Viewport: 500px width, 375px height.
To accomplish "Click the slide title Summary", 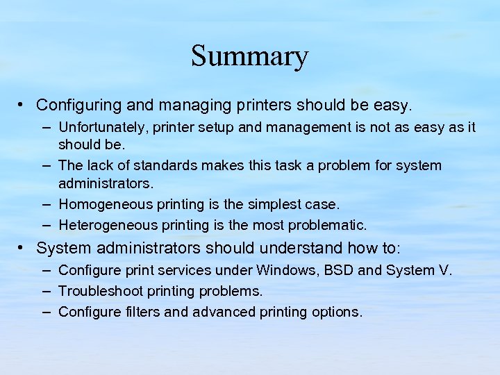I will click(x=249, y=56).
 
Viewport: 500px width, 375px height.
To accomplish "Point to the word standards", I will click(x=172, y=166).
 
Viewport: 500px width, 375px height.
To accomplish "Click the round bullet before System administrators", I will click(x=23, y=247).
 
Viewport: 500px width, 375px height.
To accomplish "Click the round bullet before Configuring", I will click(x=23, y=105).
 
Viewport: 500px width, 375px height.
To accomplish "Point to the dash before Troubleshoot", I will click(x=45, y=291).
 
